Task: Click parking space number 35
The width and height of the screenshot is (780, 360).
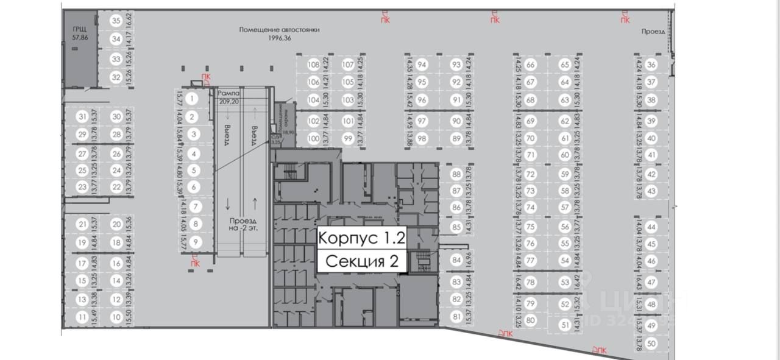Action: click(x=116, y=20)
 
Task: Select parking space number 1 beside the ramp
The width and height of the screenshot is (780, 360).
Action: click(x=193, y=97)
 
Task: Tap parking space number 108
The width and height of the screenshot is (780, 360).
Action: click(x=314, y=65)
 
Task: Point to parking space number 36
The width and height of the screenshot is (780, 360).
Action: click(x=651, y=65)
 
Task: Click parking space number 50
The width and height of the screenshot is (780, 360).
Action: click(x=651, y=344)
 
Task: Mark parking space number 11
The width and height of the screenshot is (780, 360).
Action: click(x=82, y=317)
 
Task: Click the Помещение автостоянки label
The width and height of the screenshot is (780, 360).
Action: click(x=279, y=29)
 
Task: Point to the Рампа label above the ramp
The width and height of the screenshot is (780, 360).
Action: click(x=229, y=93)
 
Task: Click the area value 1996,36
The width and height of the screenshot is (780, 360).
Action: click(x=280, y=38)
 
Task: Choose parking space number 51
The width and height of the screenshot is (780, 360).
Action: click(x=564, y=326)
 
